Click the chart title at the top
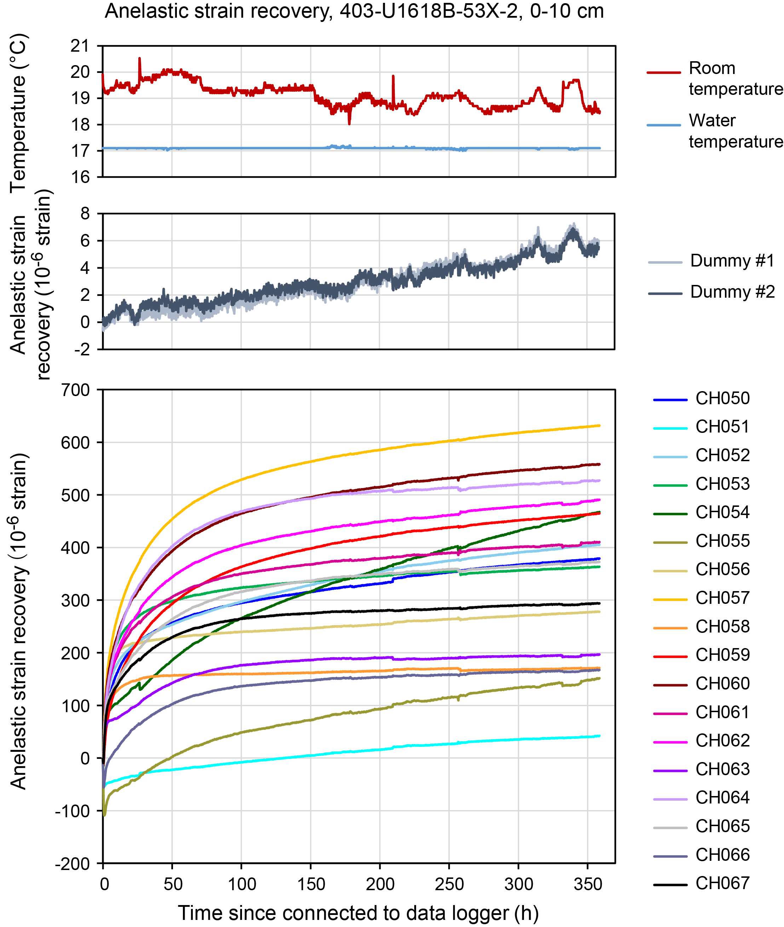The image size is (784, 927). click(354, 11)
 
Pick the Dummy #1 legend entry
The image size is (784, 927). click(732, 261)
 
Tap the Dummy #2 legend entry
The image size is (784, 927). click(732, 292)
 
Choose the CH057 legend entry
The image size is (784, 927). click(722, 598)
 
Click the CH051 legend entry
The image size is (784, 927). click(722, 427)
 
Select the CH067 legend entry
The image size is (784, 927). click(722, 883)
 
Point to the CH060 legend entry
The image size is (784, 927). click(722, 683)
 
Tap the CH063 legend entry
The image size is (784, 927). click(722, 769)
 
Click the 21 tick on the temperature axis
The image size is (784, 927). click(80, 46)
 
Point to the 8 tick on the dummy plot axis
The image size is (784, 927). click(85, 214)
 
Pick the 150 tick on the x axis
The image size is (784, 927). click(311, 884)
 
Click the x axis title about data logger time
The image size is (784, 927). click(358, 913)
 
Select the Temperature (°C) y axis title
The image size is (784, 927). click(19, 113)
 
